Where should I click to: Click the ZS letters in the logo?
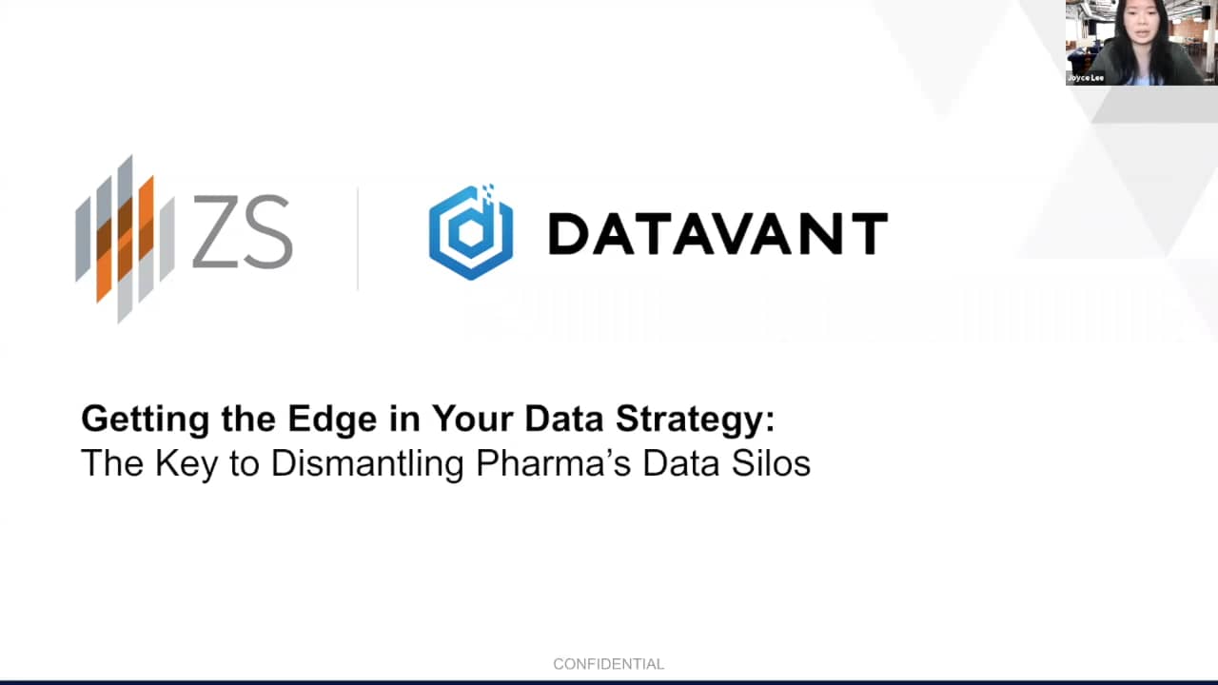242,233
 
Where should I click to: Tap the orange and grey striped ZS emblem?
126,238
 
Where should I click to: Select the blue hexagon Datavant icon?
471,233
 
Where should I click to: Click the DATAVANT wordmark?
717,234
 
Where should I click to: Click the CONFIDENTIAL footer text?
608,664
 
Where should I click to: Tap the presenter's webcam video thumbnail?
1141,43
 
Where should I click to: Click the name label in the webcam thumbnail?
1086,78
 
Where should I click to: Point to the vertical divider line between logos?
358,238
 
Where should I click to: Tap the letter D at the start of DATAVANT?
567,234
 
